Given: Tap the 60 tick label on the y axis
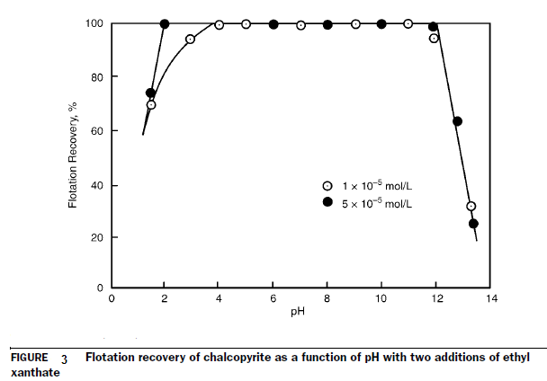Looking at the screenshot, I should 96,131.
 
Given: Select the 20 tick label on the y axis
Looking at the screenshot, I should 96,238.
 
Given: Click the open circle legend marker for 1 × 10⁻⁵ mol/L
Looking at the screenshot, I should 328,186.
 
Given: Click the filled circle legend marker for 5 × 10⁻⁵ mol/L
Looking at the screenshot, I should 328,204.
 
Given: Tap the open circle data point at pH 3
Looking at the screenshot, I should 190,40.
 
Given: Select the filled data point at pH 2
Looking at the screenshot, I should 165,23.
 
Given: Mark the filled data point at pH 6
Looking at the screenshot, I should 273,24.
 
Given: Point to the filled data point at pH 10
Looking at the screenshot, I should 381,24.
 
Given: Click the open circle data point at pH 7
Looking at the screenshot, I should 300,25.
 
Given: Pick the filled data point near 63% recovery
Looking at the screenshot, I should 457,121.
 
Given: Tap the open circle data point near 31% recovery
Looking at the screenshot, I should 471,207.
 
